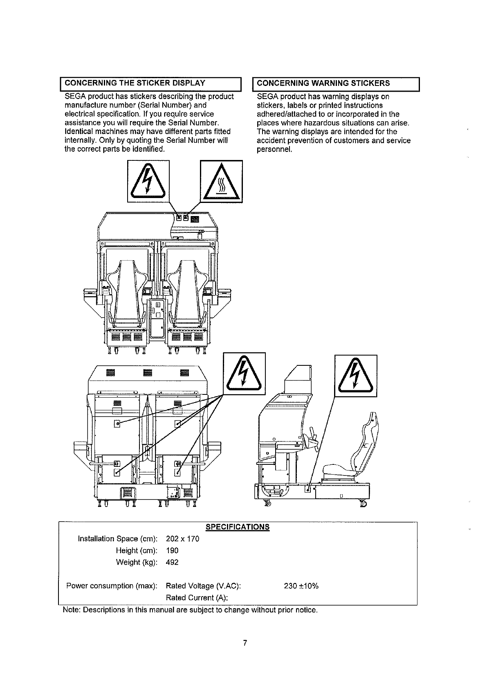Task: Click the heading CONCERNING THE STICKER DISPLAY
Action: point(135,83)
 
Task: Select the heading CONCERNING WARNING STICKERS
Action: point(323,83)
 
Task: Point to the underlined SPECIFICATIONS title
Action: point(237,527)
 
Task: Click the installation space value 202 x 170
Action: point(183,539)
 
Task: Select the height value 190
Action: point(173,551)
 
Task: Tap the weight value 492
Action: point(173,563)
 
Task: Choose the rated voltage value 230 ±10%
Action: point(301,586)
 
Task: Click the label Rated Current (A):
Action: point(197,598)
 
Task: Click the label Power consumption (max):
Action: point(112,586)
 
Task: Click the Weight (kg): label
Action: point(137,563)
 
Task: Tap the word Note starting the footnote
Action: point(71,610)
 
